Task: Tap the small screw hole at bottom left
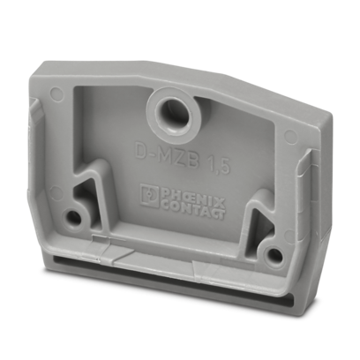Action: click(x=72, y=217)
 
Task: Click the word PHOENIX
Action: click(x=192, y=198)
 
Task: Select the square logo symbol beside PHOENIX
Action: click(x=150, y=195)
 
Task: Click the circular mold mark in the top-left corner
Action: click(x=56, y=93)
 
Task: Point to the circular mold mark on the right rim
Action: click(x=290, y=136)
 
